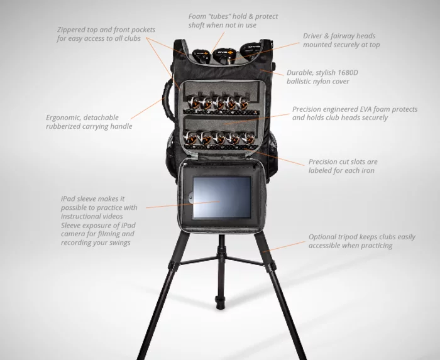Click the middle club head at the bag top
coord(221,53)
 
